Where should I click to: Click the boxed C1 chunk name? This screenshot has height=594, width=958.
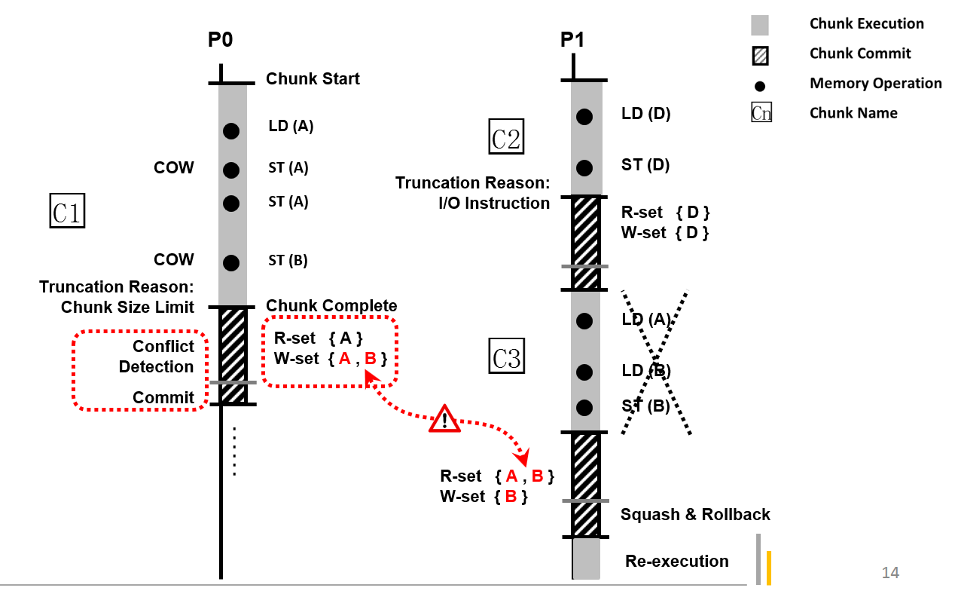pyautogui.click(x=67, y=211)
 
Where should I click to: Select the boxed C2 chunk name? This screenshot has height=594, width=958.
pyautogui.click(x=506, y=137)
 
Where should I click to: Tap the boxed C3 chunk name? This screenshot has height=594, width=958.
pyautogui.click(x=506, y=357)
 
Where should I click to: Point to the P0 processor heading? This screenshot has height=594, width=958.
pyautogui.click(x=220, y=40)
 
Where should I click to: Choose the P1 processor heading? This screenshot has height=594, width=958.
pyautogui.click(x=572, y=40)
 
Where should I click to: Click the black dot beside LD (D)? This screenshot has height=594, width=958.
pyautogui.click(x=584, y=117)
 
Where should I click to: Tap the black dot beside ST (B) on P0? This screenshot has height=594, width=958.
pyautogui.click(x=231, y=263)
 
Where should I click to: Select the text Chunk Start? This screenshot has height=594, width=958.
pyautogui.click(x=313, y=79)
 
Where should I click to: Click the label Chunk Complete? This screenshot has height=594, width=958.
pyautogui.click(x=331, y=305)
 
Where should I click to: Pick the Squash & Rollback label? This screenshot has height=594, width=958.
pyautogui.click(x=695, y=515)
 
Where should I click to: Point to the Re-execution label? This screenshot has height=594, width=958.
pyautogui.click(x=677, y=562)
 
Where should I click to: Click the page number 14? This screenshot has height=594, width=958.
pyautogui.click(x=890, y=573)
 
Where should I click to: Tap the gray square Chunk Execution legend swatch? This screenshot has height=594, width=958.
pyautogui.click(x=760, y=25)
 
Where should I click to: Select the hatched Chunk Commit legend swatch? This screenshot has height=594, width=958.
pyautogui.click(x=760, y=55)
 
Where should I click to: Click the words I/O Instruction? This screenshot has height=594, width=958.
pyautogui.click(x=494, y=204)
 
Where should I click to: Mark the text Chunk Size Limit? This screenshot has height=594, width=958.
pyautogui.click(x=127, y=308)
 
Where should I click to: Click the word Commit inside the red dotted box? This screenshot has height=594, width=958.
pyautogui.click(x=163, y=397)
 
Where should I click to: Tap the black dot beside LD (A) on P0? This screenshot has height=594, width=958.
pyautogui.click(x=231, y=131)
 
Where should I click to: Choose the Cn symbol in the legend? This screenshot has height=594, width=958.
pyautogui.click(x=761, y=114)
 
